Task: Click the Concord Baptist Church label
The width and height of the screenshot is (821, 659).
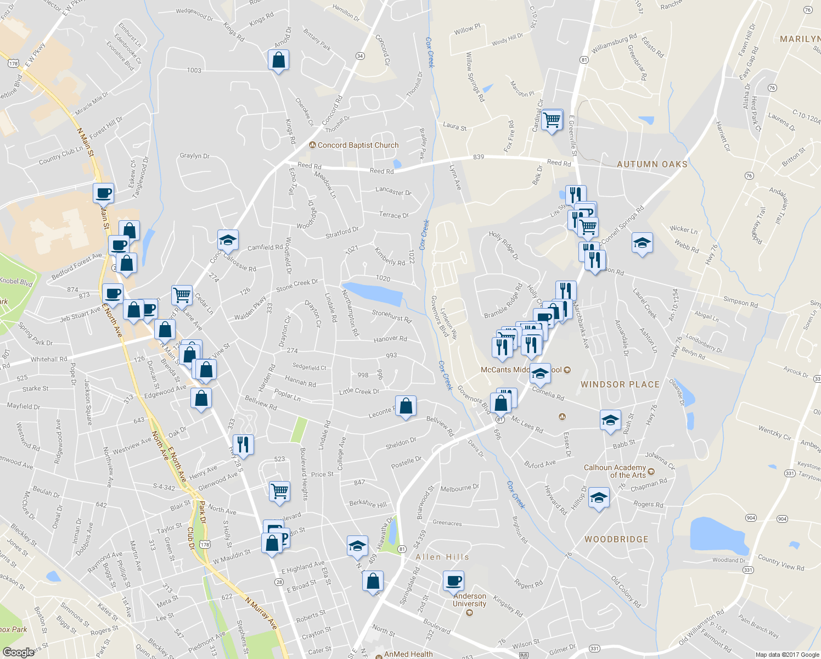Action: [x=358, y=146]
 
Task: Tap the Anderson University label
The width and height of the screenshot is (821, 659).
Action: [x=469, y=600]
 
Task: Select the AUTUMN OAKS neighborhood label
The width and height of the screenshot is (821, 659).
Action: [x=652, y=164]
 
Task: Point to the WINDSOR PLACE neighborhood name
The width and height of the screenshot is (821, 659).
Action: [x=620, y=384]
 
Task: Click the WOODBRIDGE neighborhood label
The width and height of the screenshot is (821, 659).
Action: [x=616, y=539]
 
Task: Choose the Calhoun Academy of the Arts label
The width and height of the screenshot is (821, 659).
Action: [x=615, y=471]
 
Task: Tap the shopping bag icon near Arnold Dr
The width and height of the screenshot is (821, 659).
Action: [x=279, y=60]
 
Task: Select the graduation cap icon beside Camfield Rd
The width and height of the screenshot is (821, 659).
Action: [x=228, y=240]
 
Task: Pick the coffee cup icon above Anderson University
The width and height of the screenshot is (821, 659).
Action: [x=454, y=581]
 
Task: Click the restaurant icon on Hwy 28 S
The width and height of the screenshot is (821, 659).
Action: [x=243, y=444]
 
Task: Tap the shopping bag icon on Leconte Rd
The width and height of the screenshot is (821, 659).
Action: [x=406, y=407]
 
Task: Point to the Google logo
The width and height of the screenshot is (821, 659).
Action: [x=19, y=652]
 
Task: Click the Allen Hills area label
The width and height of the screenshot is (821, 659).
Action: [x=442, y=557]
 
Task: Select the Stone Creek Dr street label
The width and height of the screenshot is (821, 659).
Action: [x=297, y=285]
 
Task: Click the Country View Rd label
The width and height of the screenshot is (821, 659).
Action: [x=780, y=563]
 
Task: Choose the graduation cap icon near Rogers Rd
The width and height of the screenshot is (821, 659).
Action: [x=598, y=498]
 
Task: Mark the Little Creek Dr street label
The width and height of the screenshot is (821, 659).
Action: [x=359, y=392]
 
